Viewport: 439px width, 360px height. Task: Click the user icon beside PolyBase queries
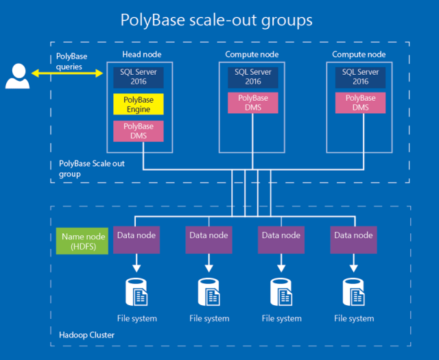coord(16,75)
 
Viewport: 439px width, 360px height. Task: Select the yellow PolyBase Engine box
coord(139,104)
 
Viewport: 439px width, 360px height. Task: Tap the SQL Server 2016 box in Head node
coord(139,77)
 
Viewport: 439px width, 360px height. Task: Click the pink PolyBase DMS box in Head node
coord(139,131)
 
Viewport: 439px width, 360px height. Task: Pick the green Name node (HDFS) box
coord(83,241)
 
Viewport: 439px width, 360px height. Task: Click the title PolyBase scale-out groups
coord(216,20)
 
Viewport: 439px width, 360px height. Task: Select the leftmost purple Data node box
coord(135,240)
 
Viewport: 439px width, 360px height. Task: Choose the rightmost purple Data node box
coord(353,240)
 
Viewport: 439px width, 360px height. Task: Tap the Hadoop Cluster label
coord(84,335)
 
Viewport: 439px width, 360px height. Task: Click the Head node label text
coord(142,54)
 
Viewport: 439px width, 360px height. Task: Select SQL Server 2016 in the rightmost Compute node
coord(355,77)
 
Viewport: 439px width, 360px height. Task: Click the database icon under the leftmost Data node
coord(135,291)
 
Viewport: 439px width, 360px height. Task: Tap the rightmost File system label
coord(353,318)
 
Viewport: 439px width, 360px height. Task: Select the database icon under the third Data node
coord(281,291)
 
